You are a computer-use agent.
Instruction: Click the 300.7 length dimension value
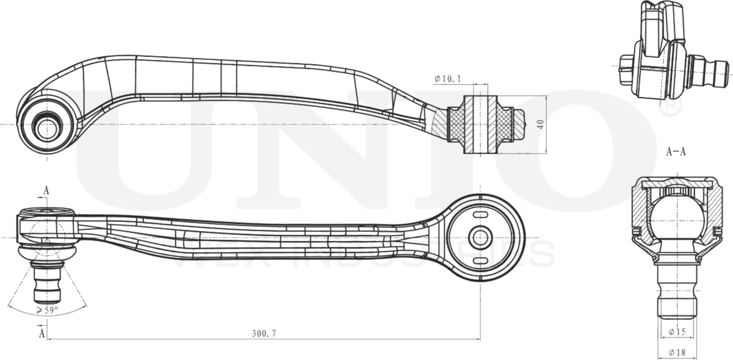coord(264,334)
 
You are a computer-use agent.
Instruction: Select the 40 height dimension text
coord(540,124)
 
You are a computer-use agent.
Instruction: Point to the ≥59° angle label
coord(47,311)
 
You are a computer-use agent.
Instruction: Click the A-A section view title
coord(676,152)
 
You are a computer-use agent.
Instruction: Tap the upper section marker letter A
coord(46,191)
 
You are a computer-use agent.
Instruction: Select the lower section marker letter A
coord(42,334)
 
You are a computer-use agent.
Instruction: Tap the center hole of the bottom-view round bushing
coord(480,237)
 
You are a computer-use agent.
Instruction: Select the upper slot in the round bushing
coord(480,216)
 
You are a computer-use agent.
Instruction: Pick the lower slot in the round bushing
coord(480,261)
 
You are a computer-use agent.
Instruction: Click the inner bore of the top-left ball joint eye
coord(46,128)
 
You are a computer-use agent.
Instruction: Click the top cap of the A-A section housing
coord(676,183)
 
